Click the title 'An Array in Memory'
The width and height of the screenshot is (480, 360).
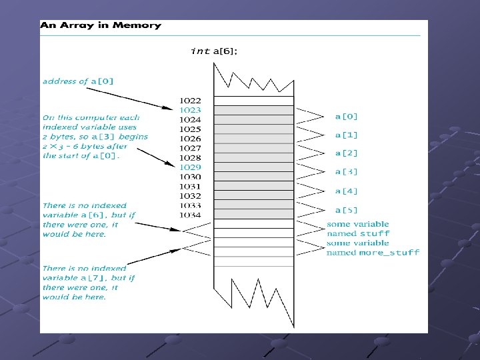101,25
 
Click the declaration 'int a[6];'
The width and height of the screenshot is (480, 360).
213,51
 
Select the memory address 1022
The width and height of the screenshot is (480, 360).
190,101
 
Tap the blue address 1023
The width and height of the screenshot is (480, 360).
190,110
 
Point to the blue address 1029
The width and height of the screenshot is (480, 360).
190,167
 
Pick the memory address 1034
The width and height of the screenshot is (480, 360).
190,215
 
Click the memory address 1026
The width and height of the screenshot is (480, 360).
190,139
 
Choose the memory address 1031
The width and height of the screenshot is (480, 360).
190,187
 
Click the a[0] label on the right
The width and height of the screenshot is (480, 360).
346,116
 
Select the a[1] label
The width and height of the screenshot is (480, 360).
346,135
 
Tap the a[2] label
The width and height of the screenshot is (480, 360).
346,153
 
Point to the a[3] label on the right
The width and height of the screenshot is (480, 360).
346,172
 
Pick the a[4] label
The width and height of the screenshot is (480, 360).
346,191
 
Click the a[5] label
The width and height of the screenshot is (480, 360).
346,210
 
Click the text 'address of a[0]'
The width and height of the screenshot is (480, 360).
78,81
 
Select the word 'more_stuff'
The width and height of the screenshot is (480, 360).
389,253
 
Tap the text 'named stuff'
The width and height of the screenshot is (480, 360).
358,234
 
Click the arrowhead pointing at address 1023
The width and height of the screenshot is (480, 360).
171,107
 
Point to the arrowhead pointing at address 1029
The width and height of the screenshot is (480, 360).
171,165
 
